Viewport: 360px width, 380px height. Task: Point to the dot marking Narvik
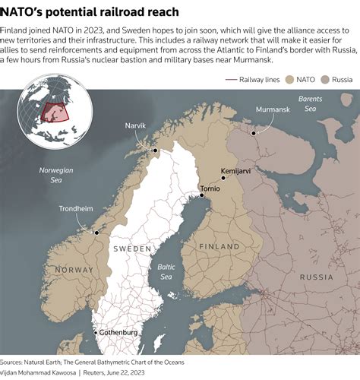point(155,150)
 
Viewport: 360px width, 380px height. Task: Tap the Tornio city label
point(210,187)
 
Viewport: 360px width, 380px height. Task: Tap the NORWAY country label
point(74,270)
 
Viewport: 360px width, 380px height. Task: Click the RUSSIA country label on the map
point(317,277)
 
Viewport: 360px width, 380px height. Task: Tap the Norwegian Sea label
point(55,175)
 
